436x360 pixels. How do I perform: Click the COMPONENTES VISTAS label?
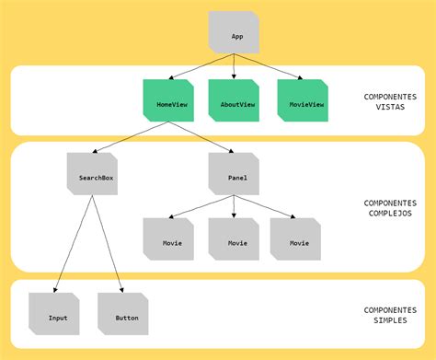pyautogui.click(x=390, y=102)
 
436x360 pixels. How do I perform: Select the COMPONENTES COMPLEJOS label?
pyautogui.click(x=390, y=209)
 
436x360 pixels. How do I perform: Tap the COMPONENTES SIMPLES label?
pyautogui.click(x=390, y=316)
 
